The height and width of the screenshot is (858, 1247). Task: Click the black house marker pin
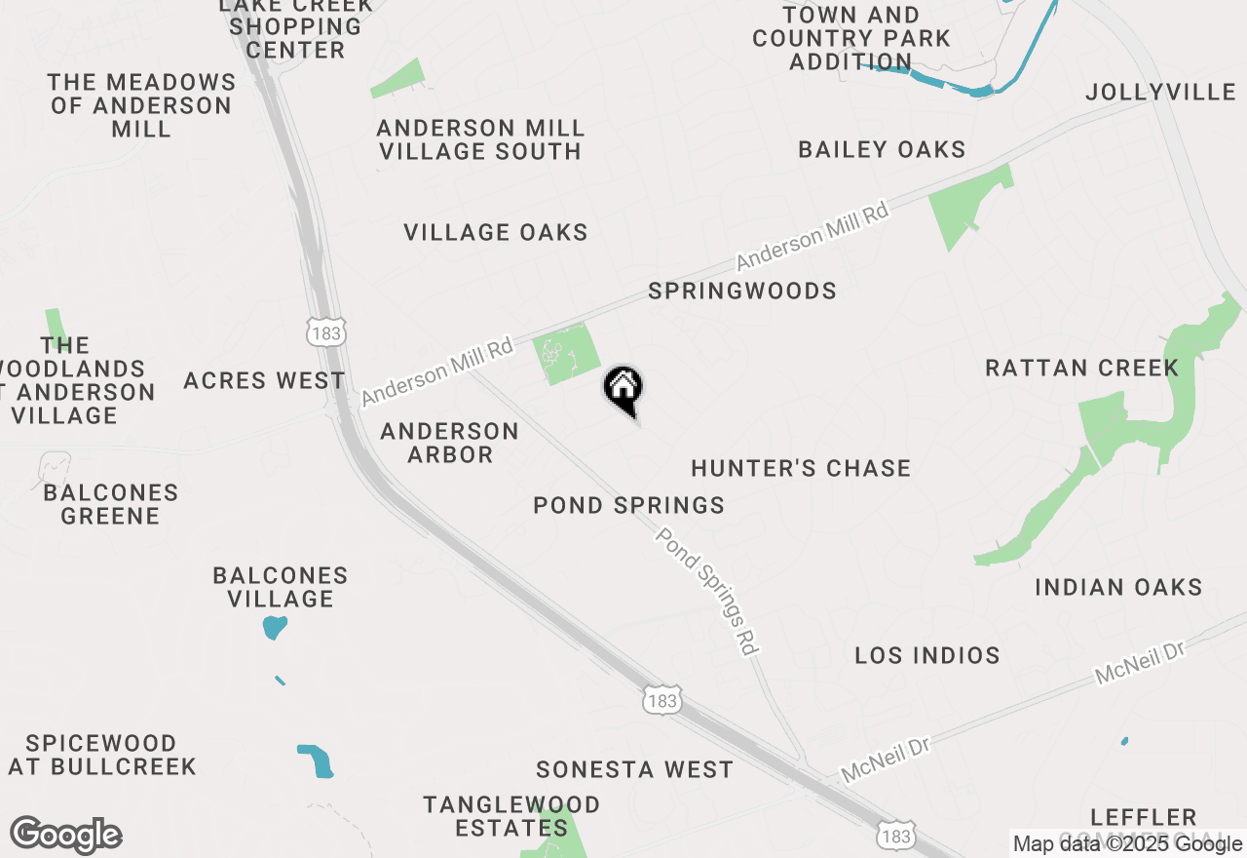(x=623, y=389)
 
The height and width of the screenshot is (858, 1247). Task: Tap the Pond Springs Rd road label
(x=707, y=591)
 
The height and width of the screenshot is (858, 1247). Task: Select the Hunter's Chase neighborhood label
(x=801, y=469)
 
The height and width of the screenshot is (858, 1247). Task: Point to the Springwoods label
(x=742, y=292)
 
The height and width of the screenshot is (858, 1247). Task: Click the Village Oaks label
(x=496, y=233)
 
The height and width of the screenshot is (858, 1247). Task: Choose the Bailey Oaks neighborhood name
(x=882, y=150)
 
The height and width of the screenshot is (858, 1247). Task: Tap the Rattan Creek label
(x=1081, y=369)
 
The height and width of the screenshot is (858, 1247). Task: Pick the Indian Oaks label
(x=1118, y=588)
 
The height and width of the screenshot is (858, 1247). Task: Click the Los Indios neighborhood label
(x=927, y=655)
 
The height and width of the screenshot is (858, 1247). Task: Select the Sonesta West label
(x=634, y=770)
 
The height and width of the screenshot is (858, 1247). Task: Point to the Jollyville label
(x=1160, y=93)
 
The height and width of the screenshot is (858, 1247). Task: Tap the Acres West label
(x=264, y=381)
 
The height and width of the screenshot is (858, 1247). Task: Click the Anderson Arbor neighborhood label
(x=450, y=443)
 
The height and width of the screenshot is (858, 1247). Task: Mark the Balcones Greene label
(x=110, y=504)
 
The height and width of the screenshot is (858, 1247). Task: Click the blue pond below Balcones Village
(x=275, y=627)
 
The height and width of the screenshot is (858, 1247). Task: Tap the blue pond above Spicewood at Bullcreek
(x=316, y=760)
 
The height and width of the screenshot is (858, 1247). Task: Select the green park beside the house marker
(x=567, y=354)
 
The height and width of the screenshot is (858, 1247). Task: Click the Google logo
(x=65, y=836)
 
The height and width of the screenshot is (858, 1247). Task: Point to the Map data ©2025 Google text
(x=1127, y=843)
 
